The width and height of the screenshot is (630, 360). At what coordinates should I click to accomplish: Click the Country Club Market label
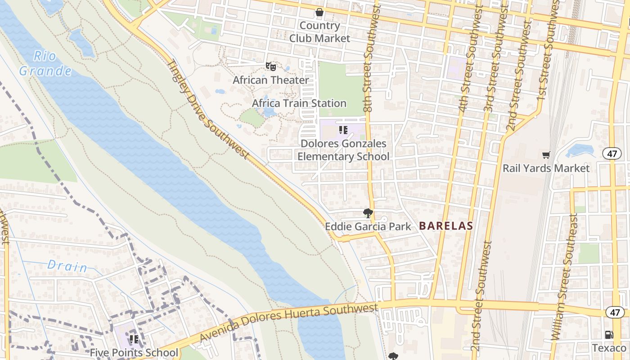click(319, 32)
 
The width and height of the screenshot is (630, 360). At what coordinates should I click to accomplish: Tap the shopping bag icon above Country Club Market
click(319, 12)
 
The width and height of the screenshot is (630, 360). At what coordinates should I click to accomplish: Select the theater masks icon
click(271, 67)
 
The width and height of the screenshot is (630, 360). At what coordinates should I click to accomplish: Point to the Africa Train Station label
click(299, 103)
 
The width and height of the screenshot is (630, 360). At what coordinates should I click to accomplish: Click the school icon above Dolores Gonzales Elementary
click(343, 130)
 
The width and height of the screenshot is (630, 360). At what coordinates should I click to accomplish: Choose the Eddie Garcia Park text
click(368, 226)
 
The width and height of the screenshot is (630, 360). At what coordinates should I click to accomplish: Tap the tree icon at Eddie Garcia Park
click(368, 213)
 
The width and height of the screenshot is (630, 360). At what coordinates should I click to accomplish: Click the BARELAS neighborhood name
click(446, 226)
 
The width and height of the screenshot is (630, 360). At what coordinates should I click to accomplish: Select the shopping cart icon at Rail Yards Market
click(546, 155)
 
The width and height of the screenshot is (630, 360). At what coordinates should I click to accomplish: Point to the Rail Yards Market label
click(546, 168)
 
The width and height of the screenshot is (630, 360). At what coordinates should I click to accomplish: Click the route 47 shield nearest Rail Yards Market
click(612, 153)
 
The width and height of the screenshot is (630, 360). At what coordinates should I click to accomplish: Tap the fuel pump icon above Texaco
click(609, 335)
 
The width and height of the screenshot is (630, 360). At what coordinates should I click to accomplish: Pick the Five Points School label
click(134, 352)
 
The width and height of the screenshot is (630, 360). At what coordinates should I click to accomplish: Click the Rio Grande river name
click(45, 63)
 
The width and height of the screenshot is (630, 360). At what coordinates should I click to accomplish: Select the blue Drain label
click(67, 266)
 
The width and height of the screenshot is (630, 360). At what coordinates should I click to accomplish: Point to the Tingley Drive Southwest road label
click(207, 109)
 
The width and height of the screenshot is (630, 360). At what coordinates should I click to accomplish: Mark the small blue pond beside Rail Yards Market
click(580, 150)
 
